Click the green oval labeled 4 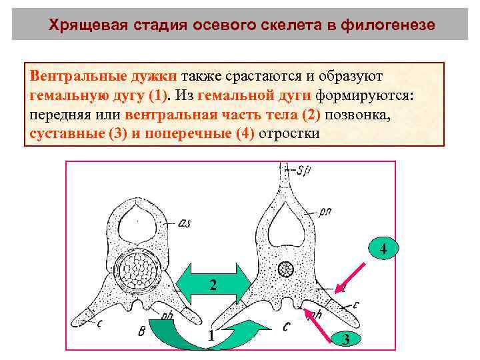coord(383,250)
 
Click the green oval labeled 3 coord(345,339)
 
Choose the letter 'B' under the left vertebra coord(141,333)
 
